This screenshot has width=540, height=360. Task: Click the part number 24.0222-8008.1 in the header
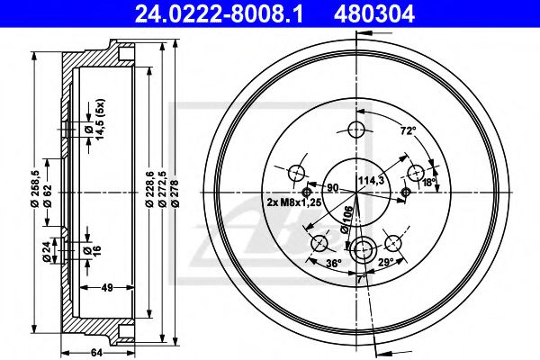(x=219, y=13)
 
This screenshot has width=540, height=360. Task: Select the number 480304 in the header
(x=374, y=13)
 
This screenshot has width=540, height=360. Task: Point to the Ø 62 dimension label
(x=48, y=195)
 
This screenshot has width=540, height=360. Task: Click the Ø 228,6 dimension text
(x=149, y=189)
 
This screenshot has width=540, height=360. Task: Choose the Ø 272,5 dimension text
(x=163, y=189)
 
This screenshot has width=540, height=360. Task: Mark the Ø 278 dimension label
(x=175, y=193)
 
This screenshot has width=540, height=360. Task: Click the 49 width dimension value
(x=107, y=287)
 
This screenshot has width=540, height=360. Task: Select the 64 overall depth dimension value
(x=97, y=353)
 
